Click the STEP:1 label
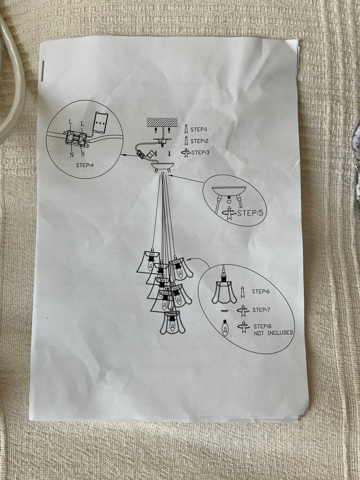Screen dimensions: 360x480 (199, 129)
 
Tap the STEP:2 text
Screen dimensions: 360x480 (199, 141)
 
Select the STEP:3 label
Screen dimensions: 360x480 (200, 152)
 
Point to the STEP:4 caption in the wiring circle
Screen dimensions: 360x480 (85, 171)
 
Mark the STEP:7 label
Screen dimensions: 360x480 (262, 310)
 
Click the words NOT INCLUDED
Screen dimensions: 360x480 (273, 333)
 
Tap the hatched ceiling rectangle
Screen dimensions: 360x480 (162, 122)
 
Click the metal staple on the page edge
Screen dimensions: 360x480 (43, 71)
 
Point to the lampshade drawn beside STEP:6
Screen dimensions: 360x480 (224, 292)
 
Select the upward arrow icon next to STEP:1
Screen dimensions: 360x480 (186, 129)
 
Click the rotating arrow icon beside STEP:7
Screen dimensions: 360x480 (243, 310)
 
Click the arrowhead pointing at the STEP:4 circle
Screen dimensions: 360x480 (123, 155)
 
